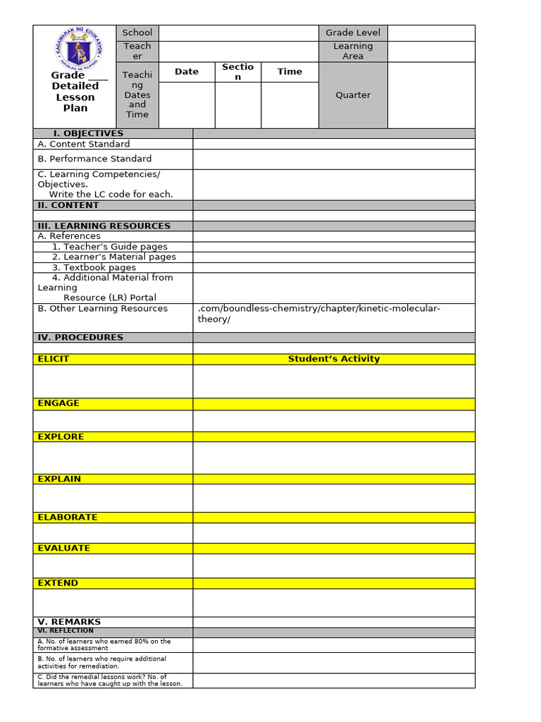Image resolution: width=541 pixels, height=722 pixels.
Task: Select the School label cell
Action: pyautogui.click(x=137, y=32)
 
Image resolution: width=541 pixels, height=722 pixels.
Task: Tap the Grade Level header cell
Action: pyautogui.click(x=353, y=32)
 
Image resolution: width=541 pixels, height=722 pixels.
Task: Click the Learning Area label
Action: pyautogui.click(x=353, y=51)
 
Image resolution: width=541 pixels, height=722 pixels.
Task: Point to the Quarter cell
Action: pyautogui.click(x=353, y=95)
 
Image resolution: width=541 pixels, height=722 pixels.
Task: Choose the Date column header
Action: pyautogui.click(x=187, y=72)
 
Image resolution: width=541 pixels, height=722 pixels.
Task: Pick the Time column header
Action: pyautogui.click(x=290, y=72)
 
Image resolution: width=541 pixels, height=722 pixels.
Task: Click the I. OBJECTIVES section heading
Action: pyautogui.click(x=88, y=133)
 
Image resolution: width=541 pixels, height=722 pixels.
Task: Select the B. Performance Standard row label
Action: pyautogui.click(x=94, y=159)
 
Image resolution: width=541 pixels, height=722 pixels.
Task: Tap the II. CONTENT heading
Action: pyautogui.click(x=68, y=205)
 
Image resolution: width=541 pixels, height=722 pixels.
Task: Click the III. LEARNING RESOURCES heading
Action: pyautogui.click(x=104, y=226)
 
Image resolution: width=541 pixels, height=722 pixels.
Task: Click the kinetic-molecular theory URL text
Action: pyautogui.click(x=319, y=314)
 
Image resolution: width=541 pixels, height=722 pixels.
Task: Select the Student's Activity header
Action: pyautogui.click(x=334, y=359)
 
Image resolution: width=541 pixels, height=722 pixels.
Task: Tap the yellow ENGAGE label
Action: pyautogui.click(x=58, y=403)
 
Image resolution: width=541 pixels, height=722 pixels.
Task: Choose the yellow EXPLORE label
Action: pyautogui.click(x=61, y=436)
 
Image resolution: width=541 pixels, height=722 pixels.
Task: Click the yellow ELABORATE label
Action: pyautogui.click(x=68, y=517)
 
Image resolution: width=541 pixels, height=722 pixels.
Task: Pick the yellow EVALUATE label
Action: pyautogui.click(x=64, y=548)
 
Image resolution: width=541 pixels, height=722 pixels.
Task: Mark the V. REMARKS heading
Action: pyautogui.click(x=69, y=622)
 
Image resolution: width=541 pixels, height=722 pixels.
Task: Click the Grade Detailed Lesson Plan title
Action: pyautogui.click(x=75, y=92)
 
